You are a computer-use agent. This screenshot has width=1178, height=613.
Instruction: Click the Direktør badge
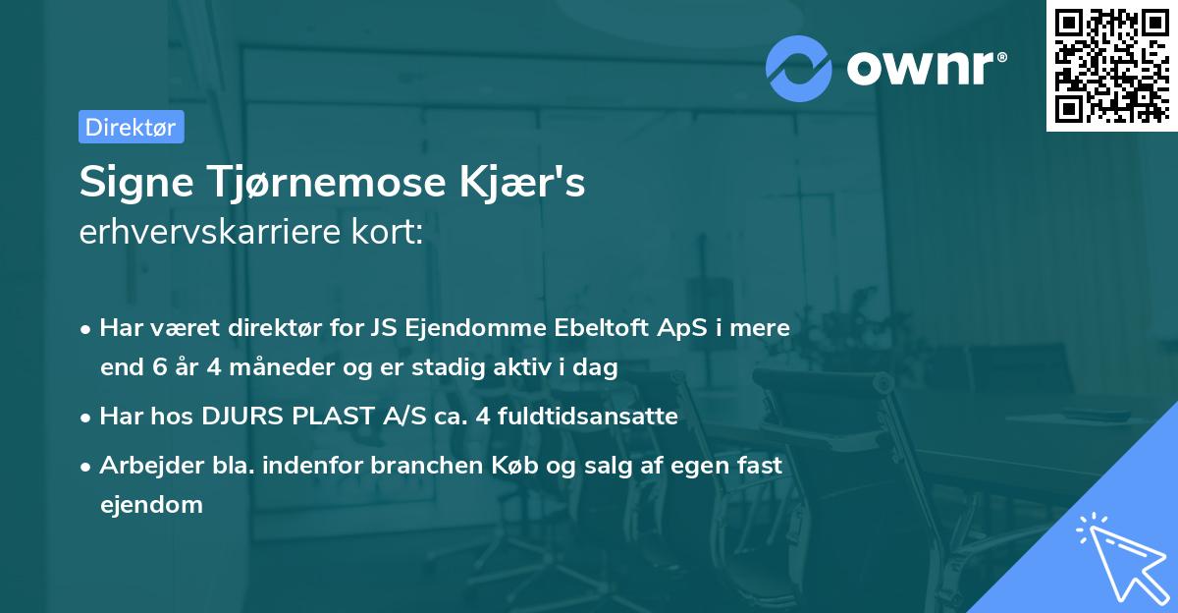click(131, 127)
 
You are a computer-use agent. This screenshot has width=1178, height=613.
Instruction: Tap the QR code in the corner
click(1111, 66)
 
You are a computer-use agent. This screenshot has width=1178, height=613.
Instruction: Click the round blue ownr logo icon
click(799, 68)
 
